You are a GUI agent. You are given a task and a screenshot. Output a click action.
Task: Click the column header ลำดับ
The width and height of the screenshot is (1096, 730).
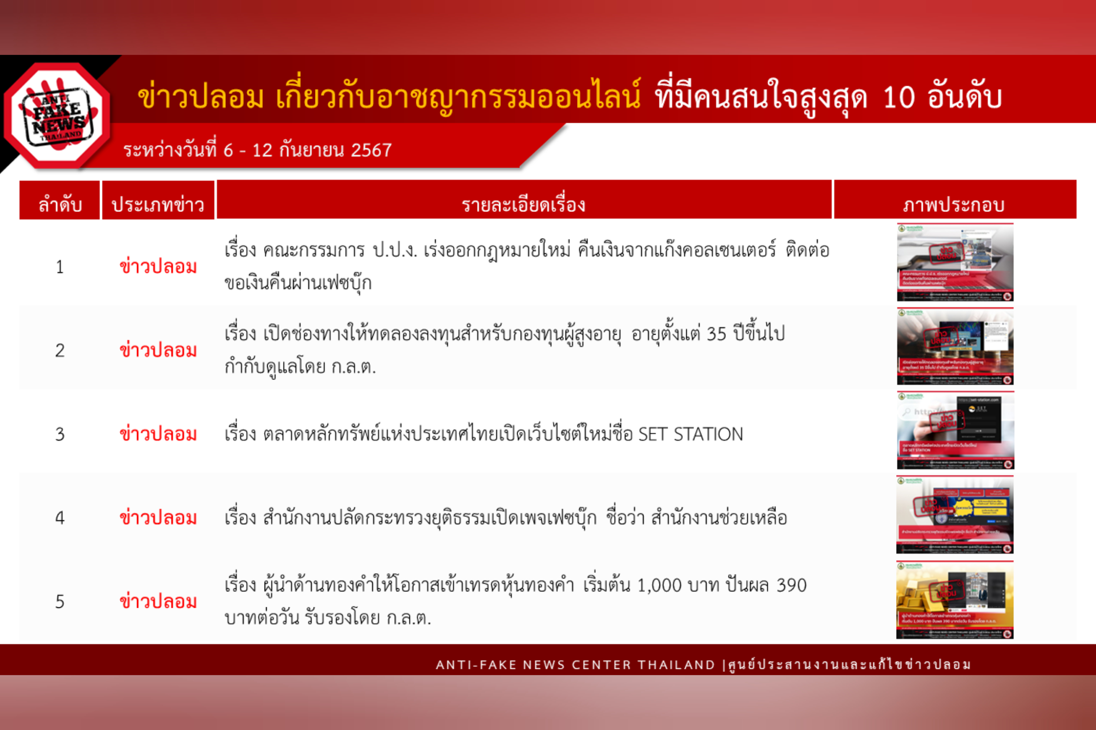point(60,204)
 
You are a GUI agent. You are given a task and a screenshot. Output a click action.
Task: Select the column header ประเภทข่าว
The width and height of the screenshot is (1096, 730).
point(158,204)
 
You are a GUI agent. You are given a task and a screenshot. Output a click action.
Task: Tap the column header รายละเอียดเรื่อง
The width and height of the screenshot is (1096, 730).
point(523,204)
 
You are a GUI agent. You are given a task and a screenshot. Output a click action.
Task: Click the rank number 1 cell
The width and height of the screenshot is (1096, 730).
point(60,267)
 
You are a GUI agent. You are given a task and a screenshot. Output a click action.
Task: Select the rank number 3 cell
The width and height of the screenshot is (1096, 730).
point(60,434)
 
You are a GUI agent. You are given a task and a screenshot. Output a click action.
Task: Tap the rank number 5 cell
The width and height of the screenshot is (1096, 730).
point(60,602)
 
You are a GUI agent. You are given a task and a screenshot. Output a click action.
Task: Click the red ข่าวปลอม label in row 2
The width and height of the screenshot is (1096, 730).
point(158,350)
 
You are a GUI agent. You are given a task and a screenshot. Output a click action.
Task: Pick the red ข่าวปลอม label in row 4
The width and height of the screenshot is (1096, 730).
point(158,518)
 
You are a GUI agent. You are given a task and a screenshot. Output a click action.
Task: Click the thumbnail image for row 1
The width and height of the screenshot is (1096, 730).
point(955,263)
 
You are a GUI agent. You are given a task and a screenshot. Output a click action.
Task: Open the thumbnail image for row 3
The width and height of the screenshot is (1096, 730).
point(955,430)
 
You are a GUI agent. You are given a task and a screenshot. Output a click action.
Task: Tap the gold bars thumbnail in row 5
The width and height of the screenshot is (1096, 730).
point(955,600)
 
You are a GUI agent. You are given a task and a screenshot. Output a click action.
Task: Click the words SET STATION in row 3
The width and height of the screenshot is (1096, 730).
point(690,434)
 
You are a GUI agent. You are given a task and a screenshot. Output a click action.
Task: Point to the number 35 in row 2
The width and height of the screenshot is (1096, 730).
point(716,334)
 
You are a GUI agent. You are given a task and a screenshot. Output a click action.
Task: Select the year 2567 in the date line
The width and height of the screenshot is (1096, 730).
point(371,150)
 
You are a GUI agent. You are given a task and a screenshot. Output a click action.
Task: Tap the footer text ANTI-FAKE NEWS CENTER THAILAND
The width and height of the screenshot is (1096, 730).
point(575,665)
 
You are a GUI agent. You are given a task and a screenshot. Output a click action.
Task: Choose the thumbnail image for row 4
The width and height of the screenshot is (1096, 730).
point(955,515)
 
